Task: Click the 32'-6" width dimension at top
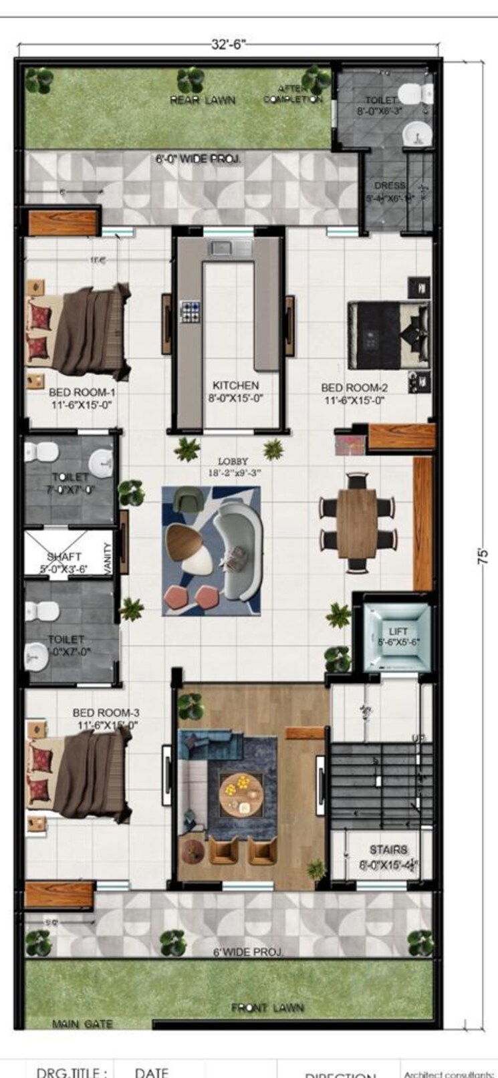pos(229,45)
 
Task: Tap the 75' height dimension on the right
pos(483,556)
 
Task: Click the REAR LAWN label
pos(203,100)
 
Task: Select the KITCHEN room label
pos(235,386)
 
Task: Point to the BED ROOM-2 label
pos(354,388)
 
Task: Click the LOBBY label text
pos(233,461)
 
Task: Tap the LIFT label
pos(398,631)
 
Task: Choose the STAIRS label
pos(388,849)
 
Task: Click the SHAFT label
pos(64,556)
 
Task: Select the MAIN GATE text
pos(83,1023)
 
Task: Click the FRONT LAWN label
pos(267,1007)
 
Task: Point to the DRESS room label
pos(390,185)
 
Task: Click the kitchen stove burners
pos(191,311)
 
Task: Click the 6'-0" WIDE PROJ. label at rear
pos(199,159)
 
